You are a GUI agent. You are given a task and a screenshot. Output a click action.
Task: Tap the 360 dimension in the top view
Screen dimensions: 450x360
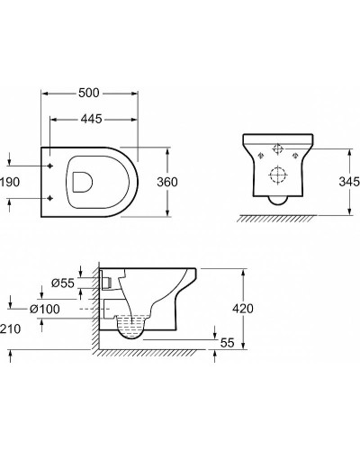[x=166, y=181]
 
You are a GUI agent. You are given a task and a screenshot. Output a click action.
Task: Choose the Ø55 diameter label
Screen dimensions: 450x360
[x=62, y=283]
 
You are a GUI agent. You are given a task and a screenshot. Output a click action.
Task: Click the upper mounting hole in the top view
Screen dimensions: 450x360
[x=49, y=165]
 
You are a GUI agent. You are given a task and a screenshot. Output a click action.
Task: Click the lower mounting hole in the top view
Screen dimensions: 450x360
[x=49, y=196]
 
